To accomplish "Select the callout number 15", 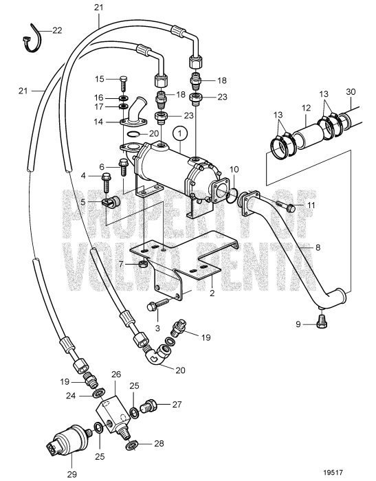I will point(100,78).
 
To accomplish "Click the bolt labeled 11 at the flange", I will point(287,208).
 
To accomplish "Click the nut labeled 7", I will point(141,264).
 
